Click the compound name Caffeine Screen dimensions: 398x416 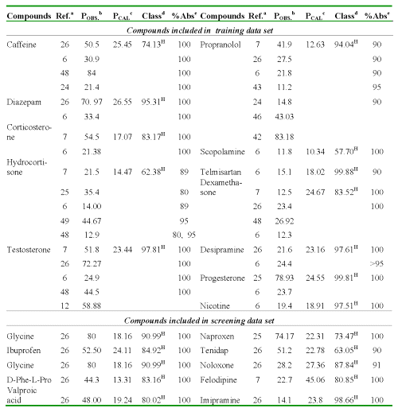(x=21, y=45)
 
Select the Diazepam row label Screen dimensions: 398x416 (x=24, y=102)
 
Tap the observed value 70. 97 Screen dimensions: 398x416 (x=92, y=102)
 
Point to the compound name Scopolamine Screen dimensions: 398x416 (x=222, y=152)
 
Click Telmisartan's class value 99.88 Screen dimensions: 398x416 (x=346, y=172)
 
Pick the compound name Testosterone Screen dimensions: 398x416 (x=29, y=250)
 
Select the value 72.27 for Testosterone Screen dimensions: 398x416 (x=92, y=264)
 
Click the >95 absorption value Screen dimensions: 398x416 (x=377, y=264)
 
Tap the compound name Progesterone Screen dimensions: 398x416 (x=222, y=278)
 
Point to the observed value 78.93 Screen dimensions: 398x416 (x=284, y=278)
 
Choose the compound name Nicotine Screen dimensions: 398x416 (x=215, y=306)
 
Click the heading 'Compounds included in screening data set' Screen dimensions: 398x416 (x=199, y=321)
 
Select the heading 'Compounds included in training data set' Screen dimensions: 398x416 (x=200, y=31)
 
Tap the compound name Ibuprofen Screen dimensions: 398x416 (x=24, y=351)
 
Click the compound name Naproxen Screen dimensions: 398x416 (x=217, y=336)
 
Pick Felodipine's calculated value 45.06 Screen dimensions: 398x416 (x=315, y=379)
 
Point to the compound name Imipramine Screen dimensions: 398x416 (x=220, y=400)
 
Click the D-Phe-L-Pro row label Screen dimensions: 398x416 (x=29, y=379)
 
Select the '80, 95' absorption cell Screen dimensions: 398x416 (x=184, y=235)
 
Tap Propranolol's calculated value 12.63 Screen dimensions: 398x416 (x=315, y=45)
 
